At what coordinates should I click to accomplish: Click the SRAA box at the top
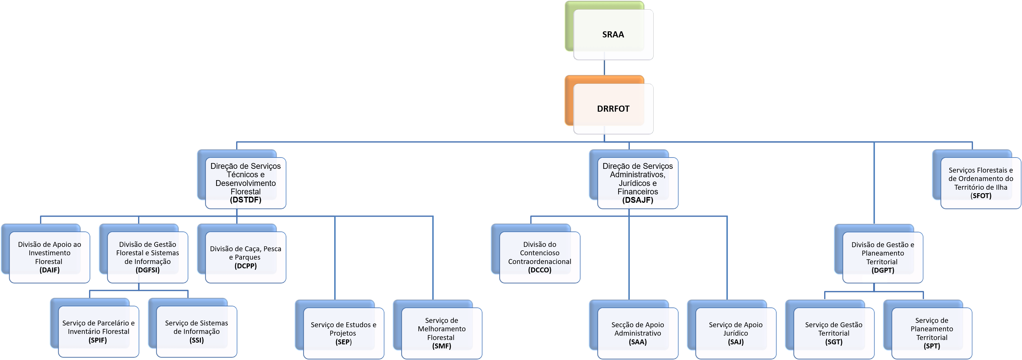click(613, 35)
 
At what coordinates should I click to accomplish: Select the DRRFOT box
click(613, 109)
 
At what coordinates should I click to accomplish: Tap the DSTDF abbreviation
click(246, 200)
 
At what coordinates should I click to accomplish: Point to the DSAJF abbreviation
click(638, 200)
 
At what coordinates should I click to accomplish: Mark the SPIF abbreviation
click(98, 340)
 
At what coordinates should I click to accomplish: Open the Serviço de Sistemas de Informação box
click(196, 331)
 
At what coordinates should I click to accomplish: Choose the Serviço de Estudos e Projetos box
click(343, 333)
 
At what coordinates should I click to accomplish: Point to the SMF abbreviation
click(442, 346)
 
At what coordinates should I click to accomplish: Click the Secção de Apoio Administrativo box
click(638, 333)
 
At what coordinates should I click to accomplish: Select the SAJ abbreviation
click(736, 342)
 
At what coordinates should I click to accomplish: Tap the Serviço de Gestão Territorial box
click(833, 333)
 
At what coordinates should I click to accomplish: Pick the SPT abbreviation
click(931, 346)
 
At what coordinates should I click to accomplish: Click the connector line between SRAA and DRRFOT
click(604, 68)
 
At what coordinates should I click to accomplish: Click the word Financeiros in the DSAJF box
click(638, 192)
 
